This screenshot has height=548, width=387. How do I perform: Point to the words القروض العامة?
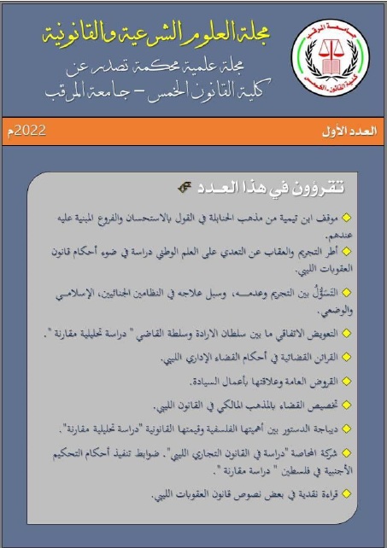pyautogui.click(x=324, y=382)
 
